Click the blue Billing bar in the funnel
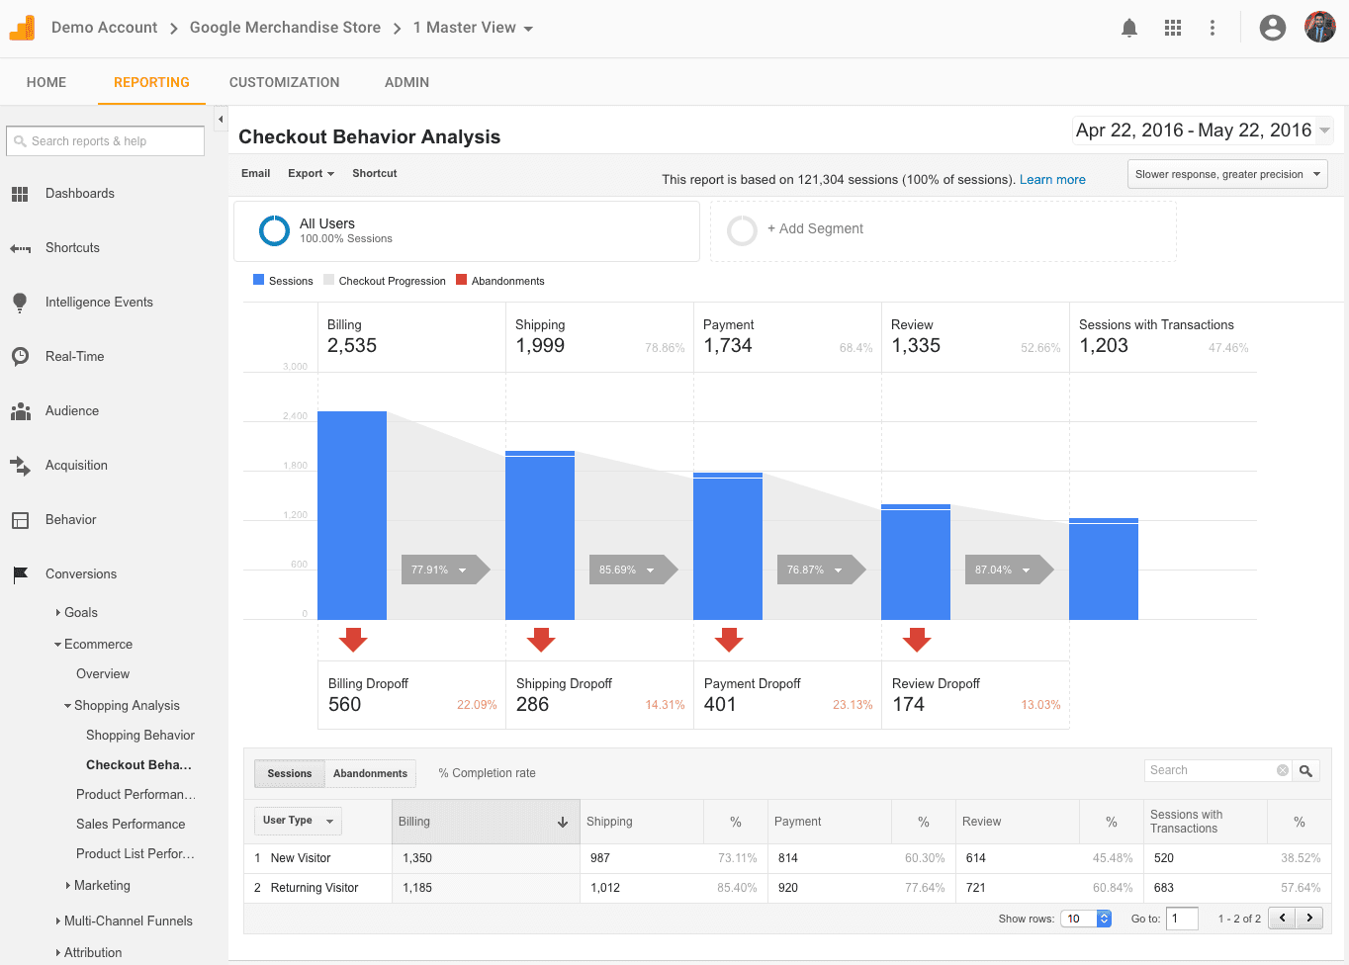[x=352, y=514]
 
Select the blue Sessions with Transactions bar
[x=1104, y=569]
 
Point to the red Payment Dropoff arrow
[x=729, y=640]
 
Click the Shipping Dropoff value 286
[x=532, y=704]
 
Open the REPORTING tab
[x=151, y=82]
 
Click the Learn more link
[x=1052, y=179]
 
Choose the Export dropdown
[x=311, y=173]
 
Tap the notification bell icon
[x=1129, y=28]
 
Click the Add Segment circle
[x=742, y=229]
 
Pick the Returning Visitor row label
[x=315, y=888]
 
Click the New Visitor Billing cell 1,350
[x=417, y=858]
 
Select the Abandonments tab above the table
[x=370, y=773]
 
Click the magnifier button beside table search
[x=1306, y=770]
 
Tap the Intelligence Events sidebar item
[x=99, y=302]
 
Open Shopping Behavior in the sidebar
[x=140, y=735]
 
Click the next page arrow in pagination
[x=1309, y=918]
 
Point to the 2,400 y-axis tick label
[x=295, y=416]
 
